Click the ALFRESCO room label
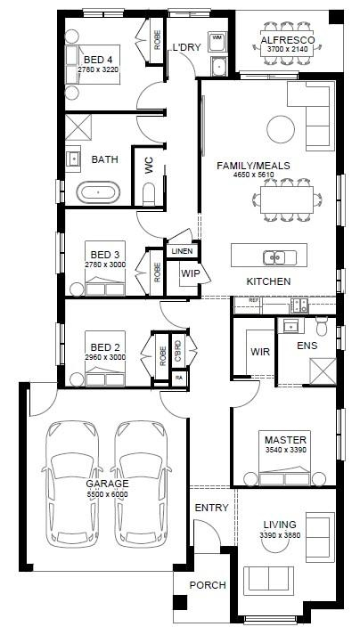[288, 40]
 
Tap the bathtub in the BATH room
[98, 192]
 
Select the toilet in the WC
[149, 194]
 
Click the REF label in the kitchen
[254, 301]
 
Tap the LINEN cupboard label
[182, 251]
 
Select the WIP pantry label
[190, 273]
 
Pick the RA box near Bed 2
[179, 378]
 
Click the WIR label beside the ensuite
[260, 351]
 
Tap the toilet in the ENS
[322, 326]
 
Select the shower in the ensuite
[323, 371]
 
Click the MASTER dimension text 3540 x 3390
[285, 450]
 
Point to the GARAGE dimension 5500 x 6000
[107, 494]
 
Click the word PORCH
[208, 585]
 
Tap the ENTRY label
[211, 508]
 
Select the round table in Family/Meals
[281, 129]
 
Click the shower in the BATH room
[78, 127]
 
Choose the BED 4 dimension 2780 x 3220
[100, 69]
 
